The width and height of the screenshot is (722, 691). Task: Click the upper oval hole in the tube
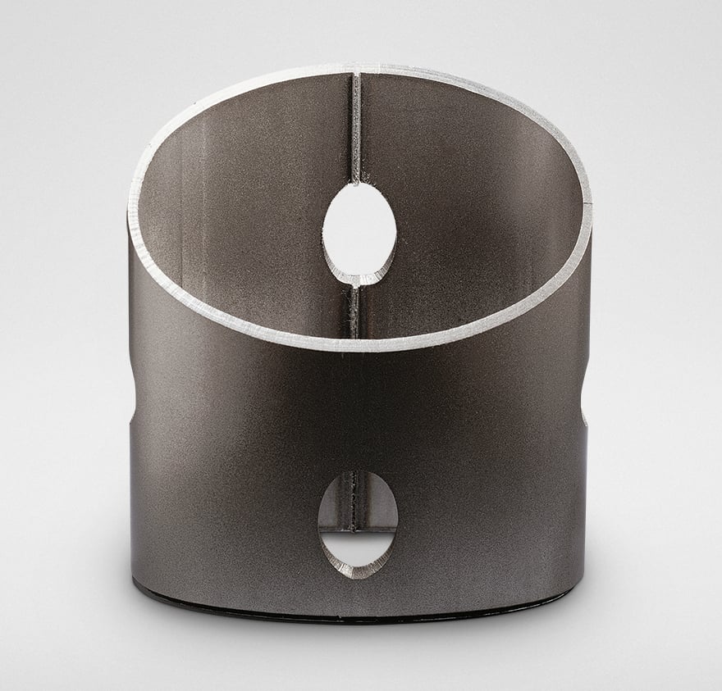click(x=359, y=229)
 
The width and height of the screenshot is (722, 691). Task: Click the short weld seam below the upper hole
click(x=354, y=310)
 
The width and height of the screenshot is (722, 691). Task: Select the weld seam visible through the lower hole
click(x=354, y=500)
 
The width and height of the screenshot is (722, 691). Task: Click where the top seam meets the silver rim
click(x=355, y=68)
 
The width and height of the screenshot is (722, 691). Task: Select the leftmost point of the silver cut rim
click(x=130, y=209)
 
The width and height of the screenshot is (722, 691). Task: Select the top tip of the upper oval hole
click(x=359, y=184)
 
